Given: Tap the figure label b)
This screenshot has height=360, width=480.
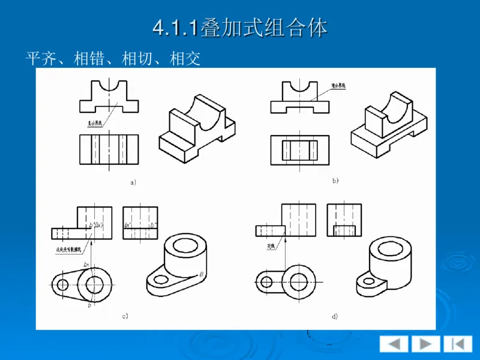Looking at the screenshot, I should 335,180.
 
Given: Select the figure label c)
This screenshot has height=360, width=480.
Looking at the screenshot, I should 125,316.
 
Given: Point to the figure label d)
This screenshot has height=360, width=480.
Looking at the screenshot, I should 334,316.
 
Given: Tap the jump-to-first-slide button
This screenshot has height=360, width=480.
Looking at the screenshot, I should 457,344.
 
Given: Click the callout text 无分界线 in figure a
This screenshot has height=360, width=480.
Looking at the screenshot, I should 96,124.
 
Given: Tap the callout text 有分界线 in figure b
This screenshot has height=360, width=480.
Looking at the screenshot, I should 340,86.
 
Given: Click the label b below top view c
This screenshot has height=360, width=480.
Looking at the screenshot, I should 90,305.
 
